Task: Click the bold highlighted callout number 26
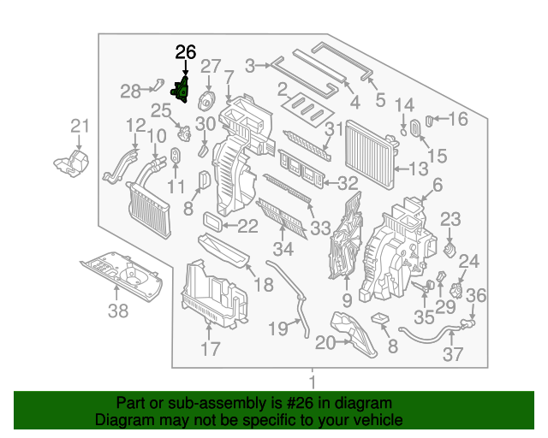pos(186,52)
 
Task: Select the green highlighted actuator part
pos(183,89)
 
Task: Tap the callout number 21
pos(80,127)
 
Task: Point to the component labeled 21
pos(72,163)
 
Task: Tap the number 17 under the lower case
pos(211,349)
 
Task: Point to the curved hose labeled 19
pos(300,310)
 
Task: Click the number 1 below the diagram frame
pos(313,381)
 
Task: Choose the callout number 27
pos(211,66)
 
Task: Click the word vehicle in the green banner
pos(381,420)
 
